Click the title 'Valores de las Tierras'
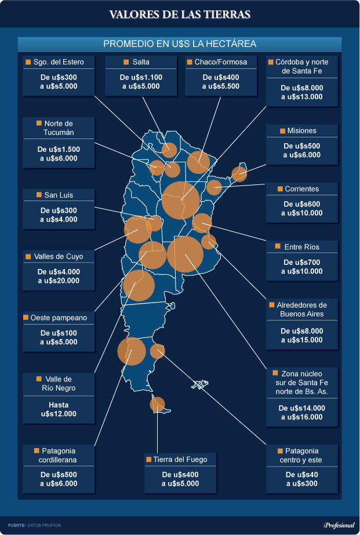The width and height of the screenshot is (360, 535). [180, 14]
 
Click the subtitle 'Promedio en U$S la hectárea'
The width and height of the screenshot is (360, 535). [180, 44]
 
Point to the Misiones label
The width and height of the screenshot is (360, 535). [301, 131]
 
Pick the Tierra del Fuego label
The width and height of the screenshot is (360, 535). [184, 460]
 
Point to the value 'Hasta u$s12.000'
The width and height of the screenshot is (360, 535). [59, 409]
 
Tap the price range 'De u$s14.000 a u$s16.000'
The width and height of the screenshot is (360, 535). [301, 413]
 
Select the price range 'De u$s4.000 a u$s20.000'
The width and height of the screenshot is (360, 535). [59, 276]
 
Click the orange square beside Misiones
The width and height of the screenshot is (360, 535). [283, 131]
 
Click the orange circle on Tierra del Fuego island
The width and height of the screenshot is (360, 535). [157, 404]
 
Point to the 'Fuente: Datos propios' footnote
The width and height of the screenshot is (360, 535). [34, 525]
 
